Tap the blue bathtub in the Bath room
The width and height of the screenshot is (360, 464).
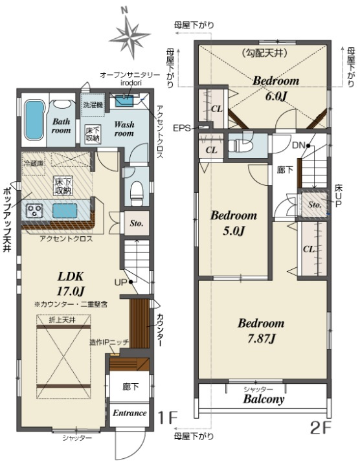(x=34, y=120)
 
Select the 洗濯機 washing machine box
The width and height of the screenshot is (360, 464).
(x=93, y=104)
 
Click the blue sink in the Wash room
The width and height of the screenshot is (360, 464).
(x=124, y=101)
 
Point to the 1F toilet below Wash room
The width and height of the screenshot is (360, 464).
(x=137, y=193)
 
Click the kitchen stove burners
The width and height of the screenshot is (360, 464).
(x=34, y=210)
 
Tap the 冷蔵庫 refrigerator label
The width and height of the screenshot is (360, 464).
(x=33, y=163)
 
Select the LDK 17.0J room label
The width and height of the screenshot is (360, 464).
(x=71, y=284)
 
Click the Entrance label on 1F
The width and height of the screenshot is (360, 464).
(x=129, y=413)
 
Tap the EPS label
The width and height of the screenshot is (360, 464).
(x=181, y=128)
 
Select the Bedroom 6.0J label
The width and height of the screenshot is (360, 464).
(x=276, y=88)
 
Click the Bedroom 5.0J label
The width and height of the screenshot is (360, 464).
(x=234, y=223)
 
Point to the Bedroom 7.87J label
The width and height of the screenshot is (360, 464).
(x=261, y=330)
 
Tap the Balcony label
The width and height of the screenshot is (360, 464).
(x=264, y=399)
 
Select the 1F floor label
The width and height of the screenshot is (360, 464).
(x=167, y=418)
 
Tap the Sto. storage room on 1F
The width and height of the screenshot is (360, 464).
(x=137, y=223)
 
